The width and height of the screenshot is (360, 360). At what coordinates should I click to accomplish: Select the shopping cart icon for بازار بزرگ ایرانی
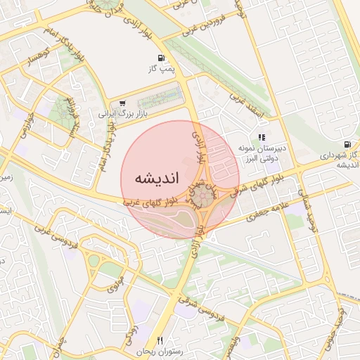123,103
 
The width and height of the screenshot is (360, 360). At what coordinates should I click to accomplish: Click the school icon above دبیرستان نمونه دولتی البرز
262,137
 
